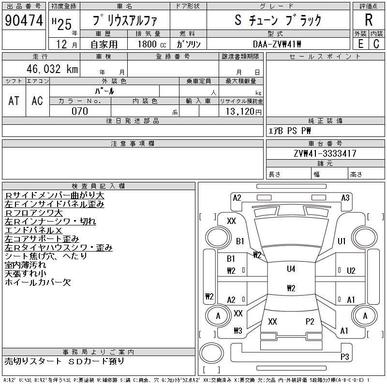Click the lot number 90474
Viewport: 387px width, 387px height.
[x=24, y=20]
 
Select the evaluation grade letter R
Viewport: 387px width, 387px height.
[x=369, y=20]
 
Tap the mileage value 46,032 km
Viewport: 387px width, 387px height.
[x=52, y=69]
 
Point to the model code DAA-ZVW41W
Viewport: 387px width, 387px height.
[x=277, y=44]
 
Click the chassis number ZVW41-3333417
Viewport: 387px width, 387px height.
[x=325, y=153]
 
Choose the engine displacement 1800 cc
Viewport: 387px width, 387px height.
[x=152, y=44]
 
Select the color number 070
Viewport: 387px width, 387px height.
[x=80, y=111]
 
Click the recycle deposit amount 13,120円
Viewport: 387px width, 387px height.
[x=244, y=112]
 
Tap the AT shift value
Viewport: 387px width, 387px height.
[x=14, y=101]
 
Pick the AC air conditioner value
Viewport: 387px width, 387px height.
[x=37, y=101]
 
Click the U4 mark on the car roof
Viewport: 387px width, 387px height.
[x=291, y=269]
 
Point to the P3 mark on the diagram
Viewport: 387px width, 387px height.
[x=344, y=357]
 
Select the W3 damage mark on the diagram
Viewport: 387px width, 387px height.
[x=238, y=330]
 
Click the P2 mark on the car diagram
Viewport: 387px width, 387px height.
[x=310, y=321]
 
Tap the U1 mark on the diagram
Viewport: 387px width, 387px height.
[x=342, y=241]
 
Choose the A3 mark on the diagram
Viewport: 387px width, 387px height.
[x=345, y=198]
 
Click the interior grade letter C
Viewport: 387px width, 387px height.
[x=376, y=44]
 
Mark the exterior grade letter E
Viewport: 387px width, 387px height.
[x=360, y=44]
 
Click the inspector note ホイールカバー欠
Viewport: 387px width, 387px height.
[x=38, y=282]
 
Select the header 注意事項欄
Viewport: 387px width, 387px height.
[x=133, y=144]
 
